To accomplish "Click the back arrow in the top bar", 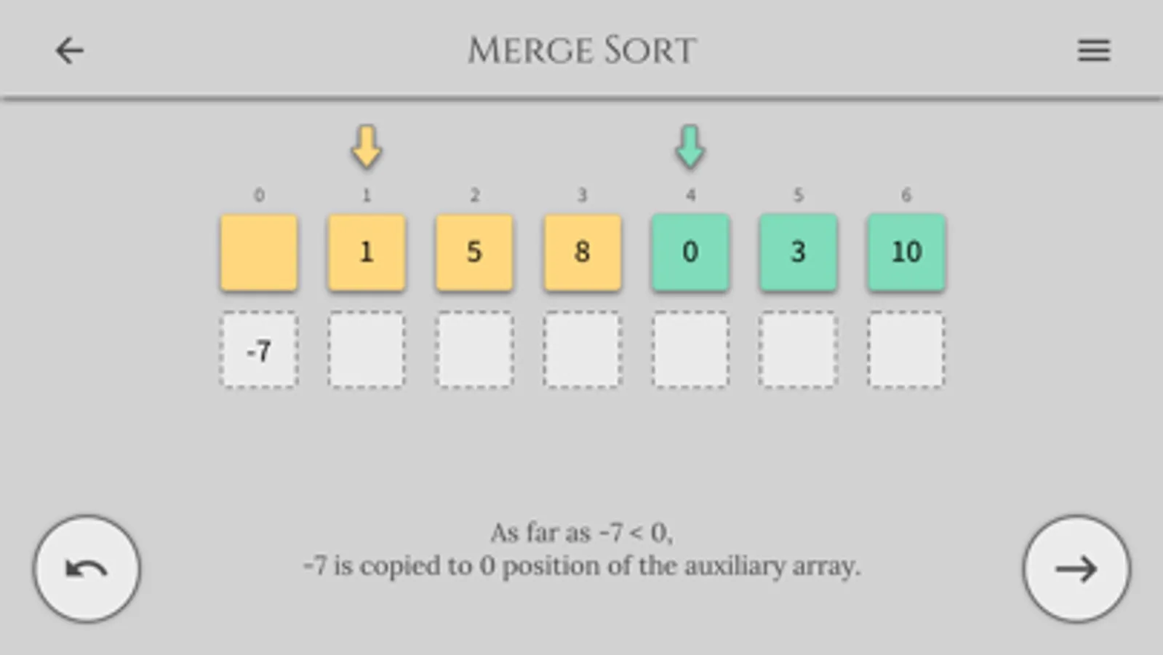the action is coord(70,50).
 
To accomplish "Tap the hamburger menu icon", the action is coord(1094,50).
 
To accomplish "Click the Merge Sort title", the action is coord(582,50).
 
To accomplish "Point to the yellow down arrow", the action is coord(367,147).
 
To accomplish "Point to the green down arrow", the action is coord(690,147).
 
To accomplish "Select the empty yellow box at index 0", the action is coord(259,253).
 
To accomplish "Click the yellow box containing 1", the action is coord(367,253).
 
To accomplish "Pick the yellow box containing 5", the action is coord(474,253).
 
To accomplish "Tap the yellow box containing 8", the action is coord(583,253).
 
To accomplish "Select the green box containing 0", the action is coord(690,253).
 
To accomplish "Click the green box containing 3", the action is coord(799,253).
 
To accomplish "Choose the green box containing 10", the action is coord(906,253).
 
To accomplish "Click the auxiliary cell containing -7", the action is coord(259,349).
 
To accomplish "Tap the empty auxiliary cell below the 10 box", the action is coord(906,349).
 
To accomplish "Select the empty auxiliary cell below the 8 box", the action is coord(583,349).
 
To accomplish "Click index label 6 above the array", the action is coord(906,195).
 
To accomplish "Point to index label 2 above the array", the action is coord(474,195).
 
